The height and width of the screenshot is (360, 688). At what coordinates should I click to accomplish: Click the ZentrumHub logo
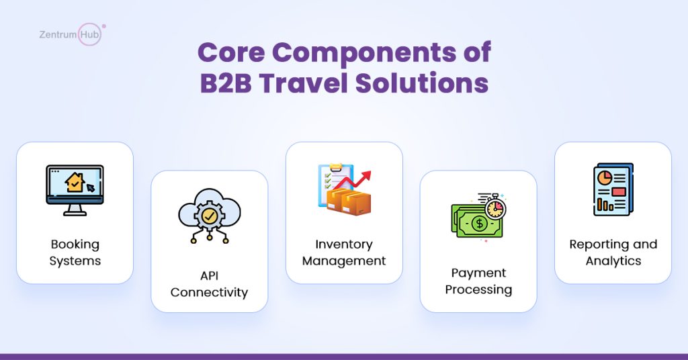72,34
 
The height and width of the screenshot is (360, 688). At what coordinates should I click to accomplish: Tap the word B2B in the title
226,83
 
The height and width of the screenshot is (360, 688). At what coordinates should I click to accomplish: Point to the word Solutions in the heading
422,83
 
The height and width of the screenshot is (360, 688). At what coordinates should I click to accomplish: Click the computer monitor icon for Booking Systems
75,190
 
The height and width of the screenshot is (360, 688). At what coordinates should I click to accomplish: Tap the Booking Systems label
75,252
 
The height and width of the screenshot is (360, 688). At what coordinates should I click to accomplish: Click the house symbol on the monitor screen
75,182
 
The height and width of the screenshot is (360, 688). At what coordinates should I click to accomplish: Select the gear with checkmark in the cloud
210,216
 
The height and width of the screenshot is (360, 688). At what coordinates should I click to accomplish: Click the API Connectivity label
210,283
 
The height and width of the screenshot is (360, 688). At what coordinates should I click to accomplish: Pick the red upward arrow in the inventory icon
352,181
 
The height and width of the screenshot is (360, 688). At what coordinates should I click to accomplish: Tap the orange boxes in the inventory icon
349,201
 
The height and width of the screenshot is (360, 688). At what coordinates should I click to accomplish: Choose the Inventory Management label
344,252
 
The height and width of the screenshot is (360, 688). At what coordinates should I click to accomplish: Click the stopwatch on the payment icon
495,206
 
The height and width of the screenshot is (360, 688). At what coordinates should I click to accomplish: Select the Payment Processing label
478,281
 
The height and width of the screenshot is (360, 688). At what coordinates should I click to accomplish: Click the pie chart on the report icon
605,177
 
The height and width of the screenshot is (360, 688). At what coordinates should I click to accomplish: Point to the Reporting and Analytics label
613,252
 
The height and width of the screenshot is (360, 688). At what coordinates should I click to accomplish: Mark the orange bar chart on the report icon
605,204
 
